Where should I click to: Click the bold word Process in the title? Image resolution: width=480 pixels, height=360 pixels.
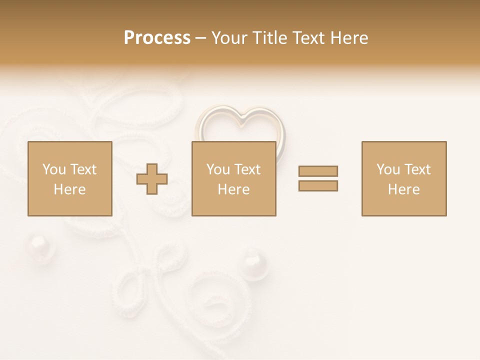click(x=157, y=37)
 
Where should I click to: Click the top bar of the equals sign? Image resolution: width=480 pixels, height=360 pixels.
click(x=318, y=171)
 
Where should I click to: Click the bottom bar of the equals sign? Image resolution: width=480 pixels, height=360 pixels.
click(x=318, y=185)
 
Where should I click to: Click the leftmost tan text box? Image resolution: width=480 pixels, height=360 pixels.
click(x=69, y=178)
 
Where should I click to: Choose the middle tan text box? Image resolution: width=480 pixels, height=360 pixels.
click(x=233, y=178)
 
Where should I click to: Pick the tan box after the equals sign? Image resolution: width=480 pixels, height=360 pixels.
click(x=403, y=178)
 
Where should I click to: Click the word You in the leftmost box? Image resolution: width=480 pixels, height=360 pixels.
click(x=54, y=169)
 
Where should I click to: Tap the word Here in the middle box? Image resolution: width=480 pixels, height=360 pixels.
click(x=233, y=189)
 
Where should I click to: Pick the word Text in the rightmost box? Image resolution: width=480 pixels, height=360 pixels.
click(x=417, y=169)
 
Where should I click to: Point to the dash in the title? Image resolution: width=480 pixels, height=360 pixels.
click(x=200, y=38)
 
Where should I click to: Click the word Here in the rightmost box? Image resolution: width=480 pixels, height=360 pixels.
click(x=403, y=189)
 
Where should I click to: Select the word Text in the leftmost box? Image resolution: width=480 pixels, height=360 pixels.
click(x=83, y=169)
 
